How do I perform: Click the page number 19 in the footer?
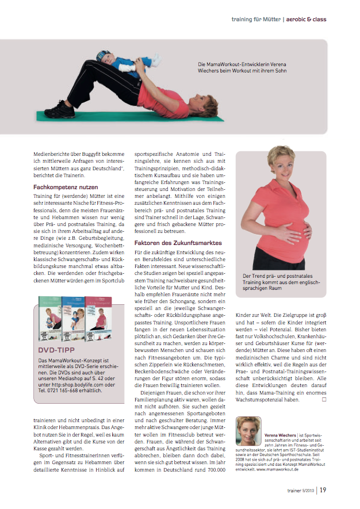point(324,490)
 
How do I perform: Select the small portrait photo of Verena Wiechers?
point(248,430)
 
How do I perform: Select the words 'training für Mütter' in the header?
point(255,20)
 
